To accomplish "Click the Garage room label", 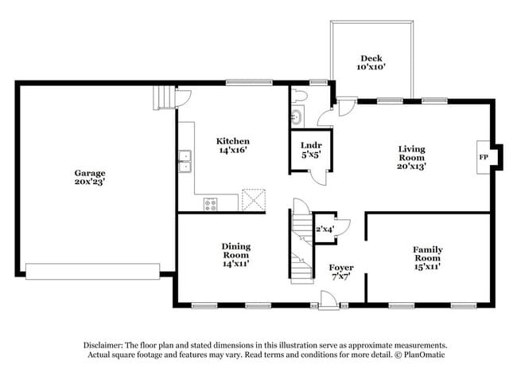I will click(90, 177).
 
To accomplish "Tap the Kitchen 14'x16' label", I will click(233, 146).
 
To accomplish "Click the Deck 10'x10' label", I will click(371, 63).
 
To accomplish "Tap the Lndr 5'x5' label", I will click(310, 150).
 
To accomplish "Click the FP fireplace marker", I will click(483, 157).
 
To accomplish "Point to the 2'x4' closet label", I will click(325, 230).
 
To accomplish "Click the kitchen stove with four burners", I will click(211, 204).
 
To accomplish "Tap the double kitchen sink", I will click(185, 161).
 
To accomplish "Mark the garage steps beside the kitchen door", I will click(162, 99).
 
